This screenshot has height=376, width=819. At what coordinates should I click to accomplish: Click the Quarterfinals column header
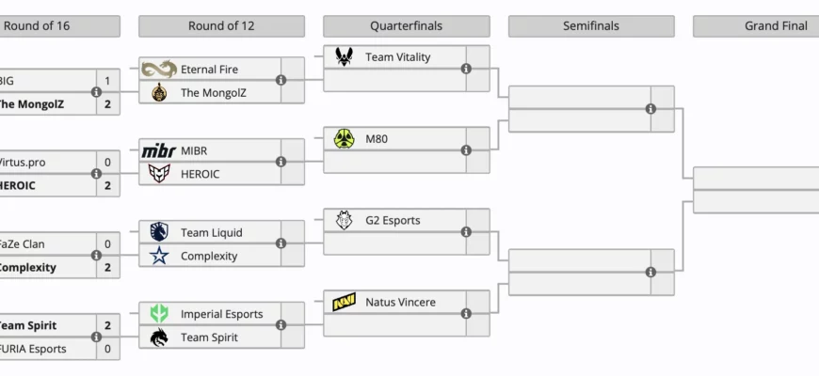click(x=406, y=26)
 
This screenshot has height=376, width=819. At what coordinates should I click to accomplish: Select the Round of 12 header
click(x=221, y=26)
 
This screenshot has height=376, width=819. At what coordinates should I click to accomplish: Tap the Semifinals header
click(x=591, y=26)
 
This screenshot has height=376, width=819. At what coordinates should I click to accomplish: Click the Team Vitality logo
click(x=344, y=57)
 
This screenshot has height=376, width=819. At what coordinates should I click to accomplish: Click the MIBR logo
click(x=159, y=150)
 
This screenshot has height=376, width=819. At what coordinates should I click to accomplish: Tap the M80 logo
click(x=344, y=139)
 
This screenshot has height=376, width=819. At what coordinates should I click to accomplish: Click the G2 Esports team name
click(x=393, y=221)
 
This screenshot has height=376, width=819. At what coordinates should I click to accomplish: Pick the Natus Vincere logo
click(x=344, y=303)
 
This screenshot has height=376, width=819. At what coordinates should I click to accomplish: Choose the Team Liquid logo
click(x=159, y=232)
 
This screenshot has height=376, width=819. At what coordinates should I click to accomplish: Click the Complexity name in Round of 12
click(x=209, y=256)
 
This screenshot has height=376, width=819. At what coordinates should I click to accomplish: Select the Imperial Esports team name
click(x=221, y=314)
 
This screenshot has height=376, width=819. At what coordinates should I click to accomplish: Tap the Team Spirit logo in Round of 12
click(x=159, y=337)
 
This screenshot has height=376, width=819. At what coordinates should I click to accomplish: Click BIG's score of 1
click(x=107, y=81)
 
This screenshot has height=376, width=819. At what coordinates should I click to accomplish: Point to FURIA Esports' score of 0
click(x=107, y=349)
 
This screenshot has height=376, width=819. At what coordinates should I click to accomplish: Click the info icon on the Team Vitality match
click(x=466, y=69)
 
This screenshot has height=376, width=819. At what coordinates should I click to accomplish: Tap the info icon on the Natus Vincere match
click(x=466, y=314)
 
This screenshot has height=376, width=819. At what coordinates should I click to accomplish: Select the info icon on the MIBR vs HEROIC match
click(x=281, y=162)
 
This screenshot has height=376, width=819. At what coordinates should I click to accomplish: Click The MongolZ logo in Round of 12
click(x=159, y=92)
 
